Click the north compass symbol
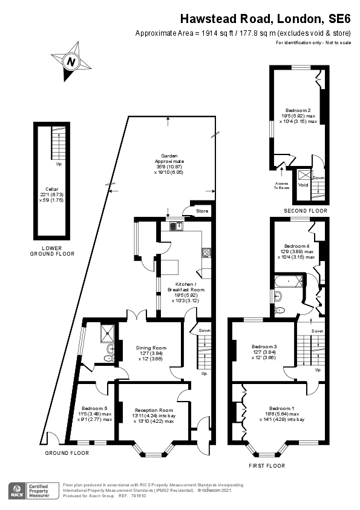pyautogui.click(x=71, y=61)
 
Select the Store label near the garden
pyautogui.click(x=202, y=211)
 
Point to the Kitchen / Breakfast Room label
pyautogui.click(x=186, y=287)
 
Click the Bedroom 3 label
pyautogui.click(x=264, y=347)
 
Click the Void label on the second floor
pyautogui.click(x=303, y=185)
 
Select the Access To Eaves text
pyautogui.click(x=281, y=186)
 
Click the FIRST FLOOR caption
pyautogui.click(x=267, y=466)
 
